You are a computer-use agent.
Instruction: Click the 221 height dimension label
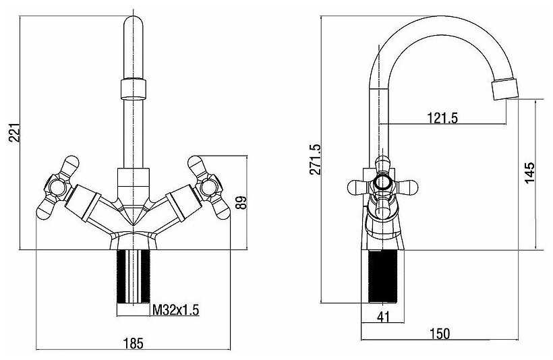(15, 133)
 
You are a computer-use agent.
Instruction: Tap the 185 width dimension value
(134, 343)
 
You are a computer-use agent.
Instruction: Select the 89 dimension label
(241, 202)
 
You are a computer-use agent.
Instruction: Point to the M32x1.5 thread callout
(175, 310)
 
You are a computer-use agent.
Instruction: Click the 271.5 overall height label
(316, 159)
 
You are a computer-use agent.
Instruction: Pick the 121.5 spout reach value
(442, 118)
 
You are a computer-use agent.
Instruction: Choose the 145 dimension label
(529, 173)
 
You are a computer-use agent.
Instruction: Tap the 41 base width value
(383, 317)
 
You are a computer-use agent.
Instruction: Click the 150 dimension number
(440, 333)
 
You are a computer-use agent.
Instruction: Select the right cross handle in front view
(209, 187)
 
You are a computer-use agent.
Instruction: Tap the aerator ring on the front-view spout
(134, 89)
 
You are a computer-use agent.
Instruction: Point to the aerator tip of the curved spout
(504, 89)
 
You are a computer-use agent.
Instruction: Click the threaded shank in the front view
(134, 277)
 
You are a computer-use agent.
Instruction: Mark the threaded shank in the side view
(382, 277)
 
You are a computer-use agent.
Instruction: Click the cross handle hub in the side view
(382, 182)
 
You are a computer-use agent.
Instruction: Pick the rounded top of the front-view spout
(134, 23)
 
